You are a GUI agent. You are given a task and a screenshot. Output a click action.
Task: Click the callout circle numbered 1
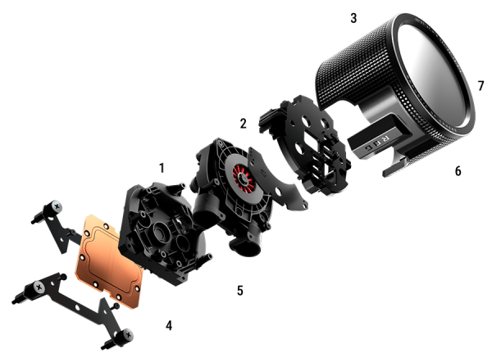coord(162,170)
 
